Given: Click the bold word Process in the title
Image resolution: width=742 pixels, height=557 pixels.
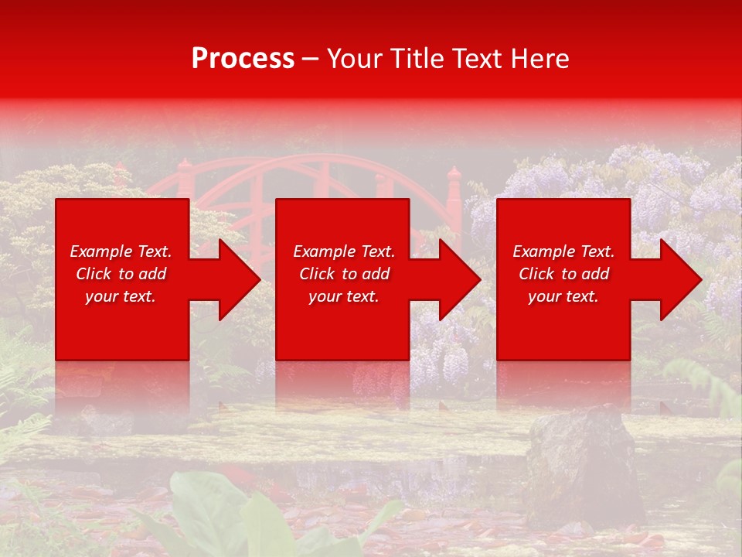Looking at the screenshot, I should (x=243, y=59).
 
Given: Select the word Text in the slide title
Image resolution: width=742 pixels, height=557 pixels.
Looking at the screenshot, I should (x=478, y=59).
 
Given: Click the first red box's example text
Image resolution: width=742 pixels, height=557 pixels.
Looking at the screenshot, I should (x=121, y=274).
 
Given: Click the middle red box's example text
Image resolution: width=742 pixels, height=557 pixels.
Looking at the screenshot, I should (x=344, y=274).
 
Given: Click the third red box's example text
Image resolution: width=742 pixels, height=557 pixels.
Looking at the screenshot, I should (x=563, y=274).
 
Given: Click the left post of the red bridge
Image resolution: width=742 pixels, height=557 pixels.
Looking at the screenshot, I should (x=185, y=182).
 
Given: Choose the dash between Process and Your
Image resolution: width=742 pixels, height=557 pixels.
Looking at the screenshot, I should (x=311, y=59).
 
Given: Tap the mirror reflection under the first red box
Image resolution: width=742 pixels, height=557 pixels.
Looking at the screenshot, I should (x=122, y=391).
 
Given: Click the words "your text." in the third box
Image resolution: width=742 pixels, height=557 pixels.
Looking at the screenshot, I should (x=563, y=296).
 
